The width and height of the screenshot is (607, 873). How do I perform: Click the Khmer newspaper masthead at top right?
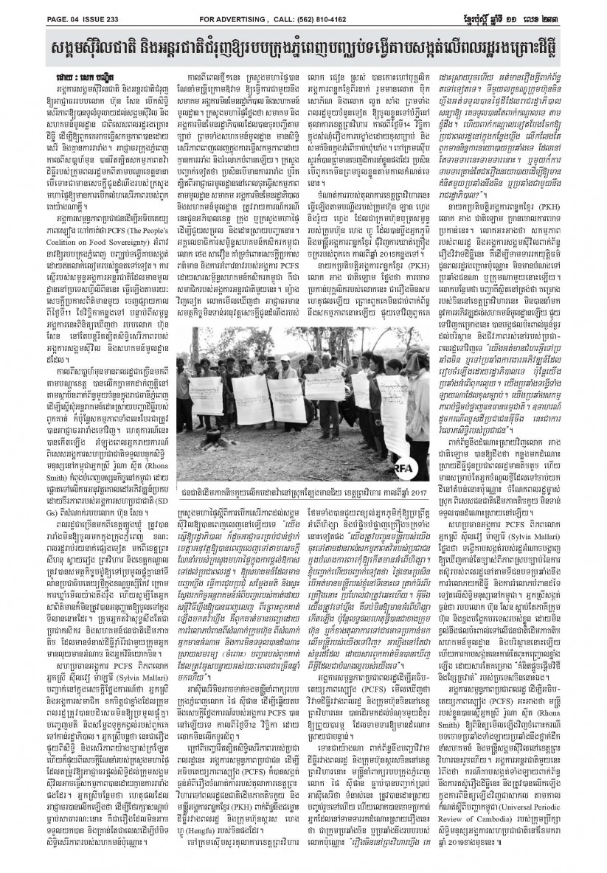(546, 8)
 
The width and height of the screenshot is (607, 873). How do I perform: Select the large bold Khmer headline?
(303, 38)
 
